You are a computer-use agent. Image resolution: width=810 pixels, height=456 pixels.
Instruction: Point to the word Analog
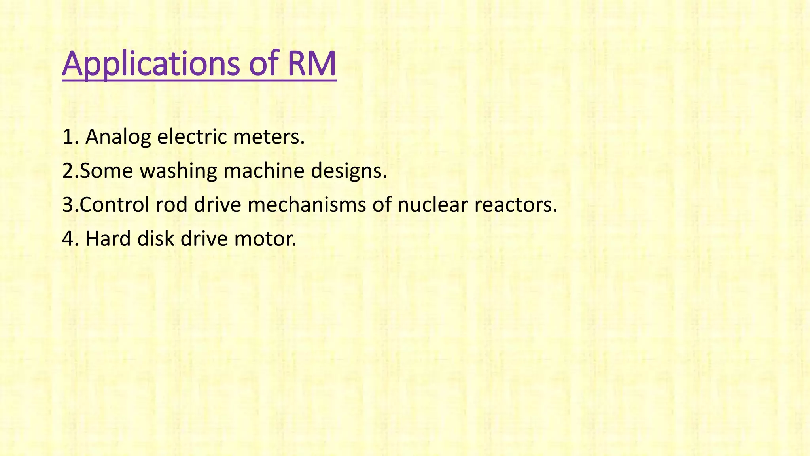point(118,138)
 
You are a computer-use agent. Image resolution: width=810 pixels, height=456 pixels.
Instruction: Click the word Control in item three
point(114,205)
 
